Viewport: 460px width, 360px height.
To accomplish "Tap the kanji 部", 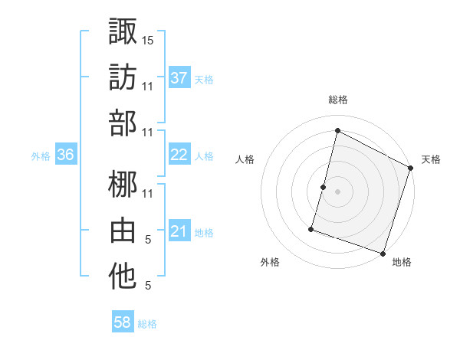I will tap(123, 125).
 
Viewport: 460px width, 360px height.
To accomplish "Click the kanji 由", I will tap(123, 231).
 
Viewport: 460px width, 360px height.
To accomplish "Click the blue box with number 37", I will tap(179, 78).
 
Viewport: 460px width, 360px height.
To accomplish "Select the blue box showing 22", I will tap(179, 155).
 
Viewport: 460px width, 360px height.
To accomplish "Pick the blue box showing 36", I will tap(66, 155).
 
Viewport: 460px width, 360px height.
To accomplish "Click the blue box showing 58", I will tap(123, 323).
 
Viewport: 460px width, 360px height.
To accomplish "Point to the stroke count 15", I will tap(148, 39).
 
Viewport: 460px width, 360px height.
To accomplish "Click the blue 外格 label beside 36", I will tap(41, 155).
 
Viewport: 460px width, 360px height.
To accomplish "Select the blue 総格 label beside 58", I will tap(147, 324).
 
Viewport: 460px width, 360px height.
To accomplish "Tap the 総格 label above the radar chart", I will tap(337, 100).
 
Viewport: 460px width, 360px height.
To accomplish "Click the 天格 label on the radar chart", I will tap(431, 159).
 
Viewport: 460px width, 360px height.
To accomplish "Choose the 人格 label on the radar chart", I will tap(245, 159).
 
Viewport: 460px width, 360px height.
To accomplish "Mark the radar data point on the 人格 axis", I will tap(324, 187).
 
